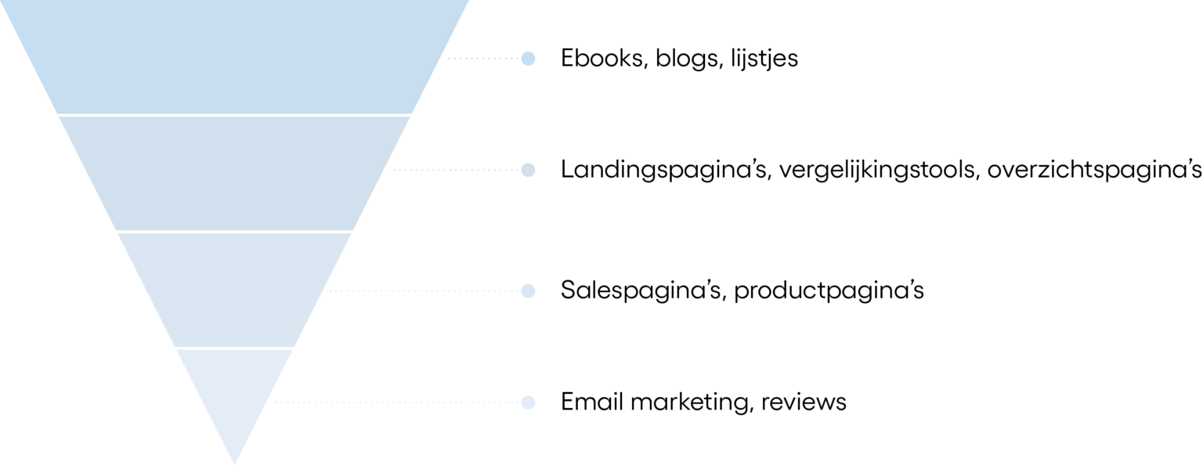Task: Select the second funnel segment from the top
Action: (x=235, y=172)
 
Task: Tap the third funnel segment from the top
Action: (x=235, y=289)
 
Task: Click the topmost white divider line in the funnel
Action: (x=235, y=115)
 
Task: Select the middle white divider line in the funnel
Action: (x=235, y=231)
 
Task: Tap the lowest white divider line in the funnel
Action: (x=235, y=348)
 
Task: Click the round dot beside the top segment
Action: (x=529, y=58)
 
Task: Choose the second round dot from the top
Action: (x=529, y=170)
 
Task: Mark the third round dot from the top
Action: (x=529, y=290)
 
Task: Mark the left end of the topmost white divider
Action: (x=60, y=115)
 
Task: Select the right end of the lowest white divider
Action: (x=293, y=348)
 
